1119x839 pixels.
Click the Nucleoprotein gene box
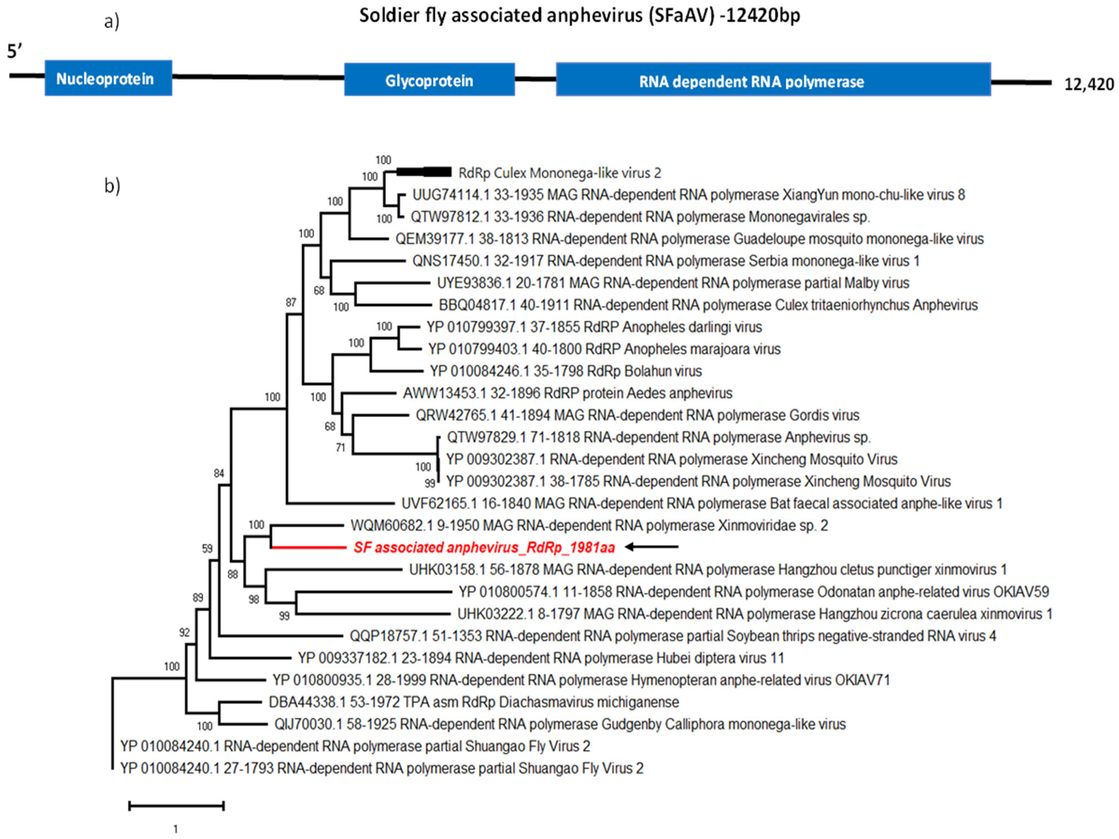pyautogui.click(x=108, y=78)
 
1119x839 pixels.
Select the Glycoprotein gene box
pyautogui.click(x=429, y=80)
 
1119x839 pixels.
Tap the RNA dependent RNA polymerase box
pyautogui.click(x=773, y=80)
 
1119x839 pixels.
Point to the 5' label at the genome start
pyautogui.click(x=15, y=51)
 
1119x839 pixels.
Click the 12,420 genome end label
pyautogui.click(x=1089, y=84)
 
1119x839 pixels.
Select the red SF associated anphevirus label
pyautogui.click(x=484, y=548)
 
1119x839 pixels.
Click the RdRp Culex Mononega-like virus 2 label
pyautogui.click(x=560, y=173)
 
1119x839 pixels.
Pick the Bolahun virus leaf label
pyautogui.click(x=565, y=371)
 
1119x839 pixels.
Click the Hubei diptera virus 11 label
pyautogui.click(x=541, y=658)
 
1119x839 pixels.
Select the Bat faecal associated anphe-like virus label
pyautogui.click(x=702, y=504)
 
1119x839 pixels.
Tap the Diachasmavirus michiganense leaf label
pyautogui.click(x=473, y=702)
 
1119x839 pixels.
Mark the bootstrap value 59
pyautogui.click(x=207, y=548)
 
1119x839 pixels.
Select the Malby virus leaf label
pyautogui.click(x=673, y=283)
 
